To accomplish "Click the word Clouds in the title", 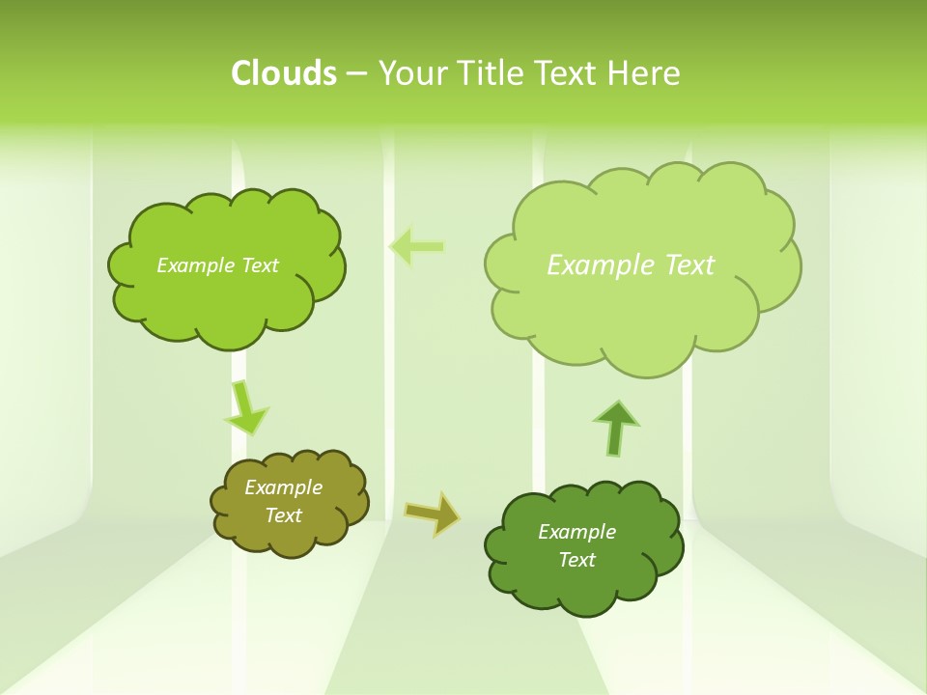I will pos(284,73).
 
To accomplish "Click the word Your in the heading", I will pos(414,73).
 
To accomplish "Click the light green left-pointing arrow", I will pos(417,247).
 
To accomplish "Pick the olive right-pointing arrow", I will pos(432,514).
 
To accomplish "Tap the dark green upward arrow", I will pos(616,426).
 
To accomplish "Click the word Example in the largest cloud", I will pos(591,264).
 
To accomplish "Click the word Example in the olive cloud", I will pos(283,487).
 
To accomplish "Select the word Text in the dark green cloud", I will pos(576,560).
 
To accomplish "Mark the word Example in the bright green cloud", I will pos(194,265).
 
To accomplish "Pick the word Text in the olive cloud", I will pos(283,515).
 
